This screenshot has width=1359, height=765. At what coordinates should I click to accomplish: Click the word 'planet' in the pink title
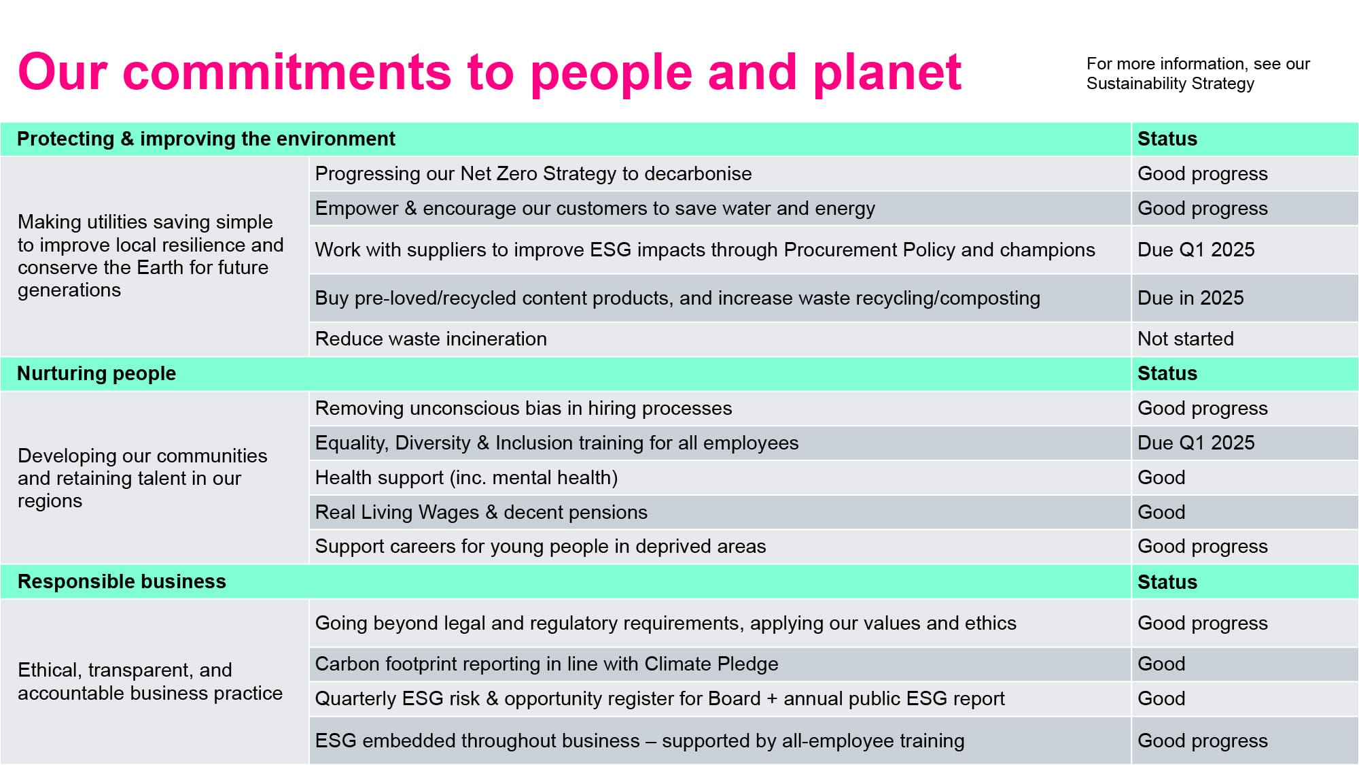click(887, 73)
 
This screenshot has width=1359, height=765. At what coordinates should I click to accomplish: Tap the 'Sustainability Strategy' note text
click(1198, 73)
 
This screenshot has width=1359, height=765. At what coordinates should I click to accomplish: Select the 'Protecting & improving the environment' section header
click(206, 139)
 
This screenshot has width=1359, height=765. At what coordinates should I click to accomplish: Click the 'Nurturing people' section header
click(96, 373)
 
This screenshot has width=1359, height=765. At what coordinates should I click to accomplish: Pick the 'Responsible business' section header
click(122, 581)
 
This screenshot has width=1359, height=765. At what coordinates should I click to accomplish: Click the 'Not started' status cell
click(1186, 339)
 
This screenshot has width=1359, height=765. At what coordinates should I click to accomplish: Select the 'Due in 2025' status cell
click(1190, 298)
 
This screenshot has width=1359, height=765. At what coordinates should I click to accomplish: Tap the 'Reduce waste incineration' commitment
click(431, 339)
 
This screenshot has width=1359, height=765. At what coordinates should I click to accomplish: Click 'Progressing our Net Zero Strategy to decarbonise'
click(533, 173)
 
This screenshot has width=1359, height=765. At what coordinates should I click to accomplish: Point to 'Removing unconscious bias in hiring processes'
click(523, 408)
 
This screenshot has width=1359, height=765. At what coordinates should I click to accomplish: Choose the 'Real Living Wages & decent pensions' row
click(481, 512)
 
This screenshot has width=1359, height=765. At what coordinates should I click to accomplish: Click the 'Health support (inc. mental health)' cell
click(466, 477)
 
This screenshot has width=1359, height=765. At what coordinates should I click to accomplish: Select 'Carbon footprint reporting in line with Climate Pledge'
click(546, 664)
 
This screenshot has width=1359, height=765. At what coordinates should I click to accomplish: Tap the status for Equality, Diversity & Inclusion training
click(1196, 443)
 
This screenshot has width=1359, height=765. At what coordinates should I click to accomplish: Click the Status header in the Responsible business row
click(1167, 582)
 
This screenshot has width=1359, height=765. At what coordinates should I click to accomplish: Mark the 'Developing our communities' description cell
click(143, 478)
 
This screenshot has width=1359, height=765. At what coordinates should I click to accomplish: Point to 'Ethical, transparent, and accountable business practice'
click(150, 681)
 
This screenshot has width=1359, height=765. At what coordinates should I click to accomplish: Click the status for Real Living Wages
click(1161, 512)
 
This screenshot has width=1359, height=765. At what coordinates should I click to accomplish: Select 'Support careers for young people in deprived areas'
click(540, 546)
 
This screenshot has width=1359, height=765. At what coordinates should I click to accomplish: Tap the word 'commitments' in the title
click(287, 71)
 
